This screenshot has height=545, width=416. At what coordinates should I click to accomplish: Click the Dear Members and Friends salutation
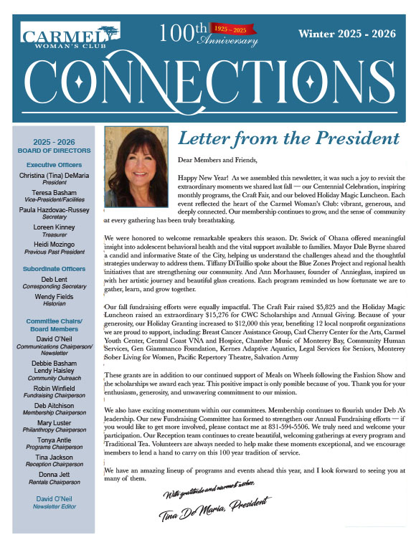point(217,159)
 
